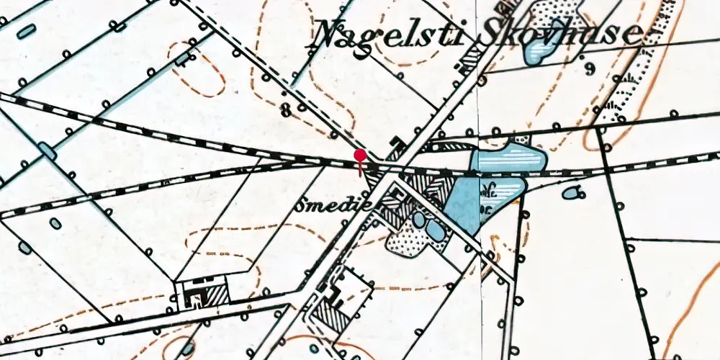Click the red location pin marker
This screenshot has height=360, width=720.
click(x=360, y=156)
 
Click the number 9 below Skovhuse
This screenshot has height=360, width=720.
click(x=590, y=70)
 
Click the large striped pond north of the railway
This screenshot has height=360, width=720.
click(x=508, y=159)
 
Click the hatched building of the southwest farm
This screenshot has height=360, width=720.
click(x=217, y=293)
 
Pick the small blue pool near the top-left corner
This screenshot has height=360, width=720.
click(x=27, y=31)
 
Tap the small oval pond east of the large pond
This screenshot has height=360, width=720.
click(x=573, y=192)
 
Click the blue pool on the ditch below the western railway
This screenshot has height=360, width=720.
click(x=48, y=150)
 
